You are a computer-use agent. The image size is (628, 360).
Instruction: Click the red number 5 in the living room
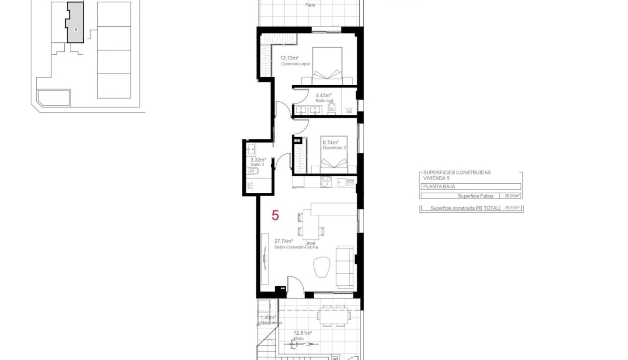(275, 215)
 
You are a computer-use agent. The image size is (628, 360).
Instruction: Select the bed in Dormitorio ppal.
(328, 65)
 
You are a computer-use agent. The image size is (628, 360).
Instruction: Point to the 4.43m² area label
(323, 95)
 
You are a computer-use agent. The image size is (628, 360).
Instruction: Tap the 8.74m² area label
(330, 142)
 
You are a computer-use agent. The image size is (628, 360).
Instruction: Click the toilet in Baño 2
(254, 171)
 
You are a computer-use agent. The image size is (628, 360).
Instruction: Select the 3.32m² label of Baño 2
(258, 160)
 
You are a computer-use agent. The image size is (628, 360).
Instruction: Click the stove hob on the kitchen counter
(326, 182)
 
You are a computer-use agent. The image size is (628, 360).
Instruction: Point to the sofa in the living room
(345, 267)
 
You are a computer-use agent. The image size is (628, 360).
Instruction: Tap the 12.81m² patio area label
(302, 333)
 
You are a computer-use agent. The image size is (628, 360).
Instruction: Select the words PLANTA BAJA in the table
(439, 187)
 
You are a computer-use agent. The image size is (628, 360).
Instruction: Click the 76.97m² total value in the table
(511, 208)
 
